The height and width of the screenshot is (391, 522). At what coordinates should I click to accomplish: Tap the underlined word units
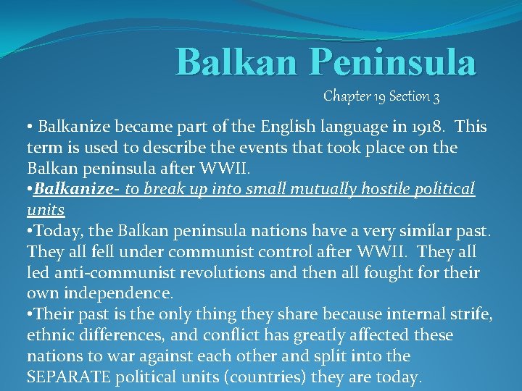(46, 210)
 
